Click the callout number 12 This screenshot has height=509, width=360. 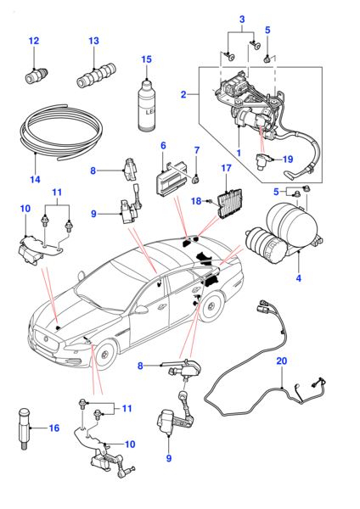[x=34, y=41]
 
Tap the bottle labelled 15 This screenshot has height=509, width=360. [x=147, y=106]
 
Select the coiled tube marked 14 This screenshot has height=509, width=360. [x=61, y=131]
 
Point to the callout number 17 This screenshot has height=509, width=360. [x=226, y=168]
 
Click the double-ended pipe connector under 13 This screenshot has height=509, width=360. [x=97, y=76]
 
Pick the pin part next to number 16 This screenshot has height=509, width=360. [x=25, y=428]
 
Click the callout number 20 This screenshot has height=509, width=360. [x=282, y=361]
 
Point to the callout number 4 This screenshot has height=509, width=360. [x=299, y=278]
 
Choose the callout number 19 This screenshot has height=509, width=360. [x=288, y=159]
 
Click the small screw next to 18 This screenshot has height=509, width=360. [x=210, y=203]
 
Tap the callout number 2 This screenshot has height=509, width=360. [x=183, y=94]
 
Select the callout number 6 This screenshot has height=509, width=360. [x=163, y=145]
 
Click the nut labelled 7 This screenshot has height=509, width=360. [x=196, y=179]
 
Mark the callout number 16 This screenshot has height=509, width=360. [x=54, y=428]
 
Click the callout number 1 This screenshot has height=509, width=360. [x=239, y=153]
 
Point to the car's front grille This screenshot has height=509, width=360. [x=47, y=342]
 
